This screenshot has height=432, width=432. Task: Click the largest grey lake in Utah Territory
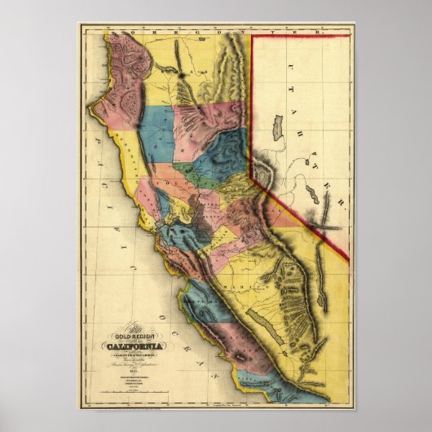[x=276, y=129]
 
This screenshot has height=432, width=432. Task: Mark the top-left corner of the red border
[x=250, y=35]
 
